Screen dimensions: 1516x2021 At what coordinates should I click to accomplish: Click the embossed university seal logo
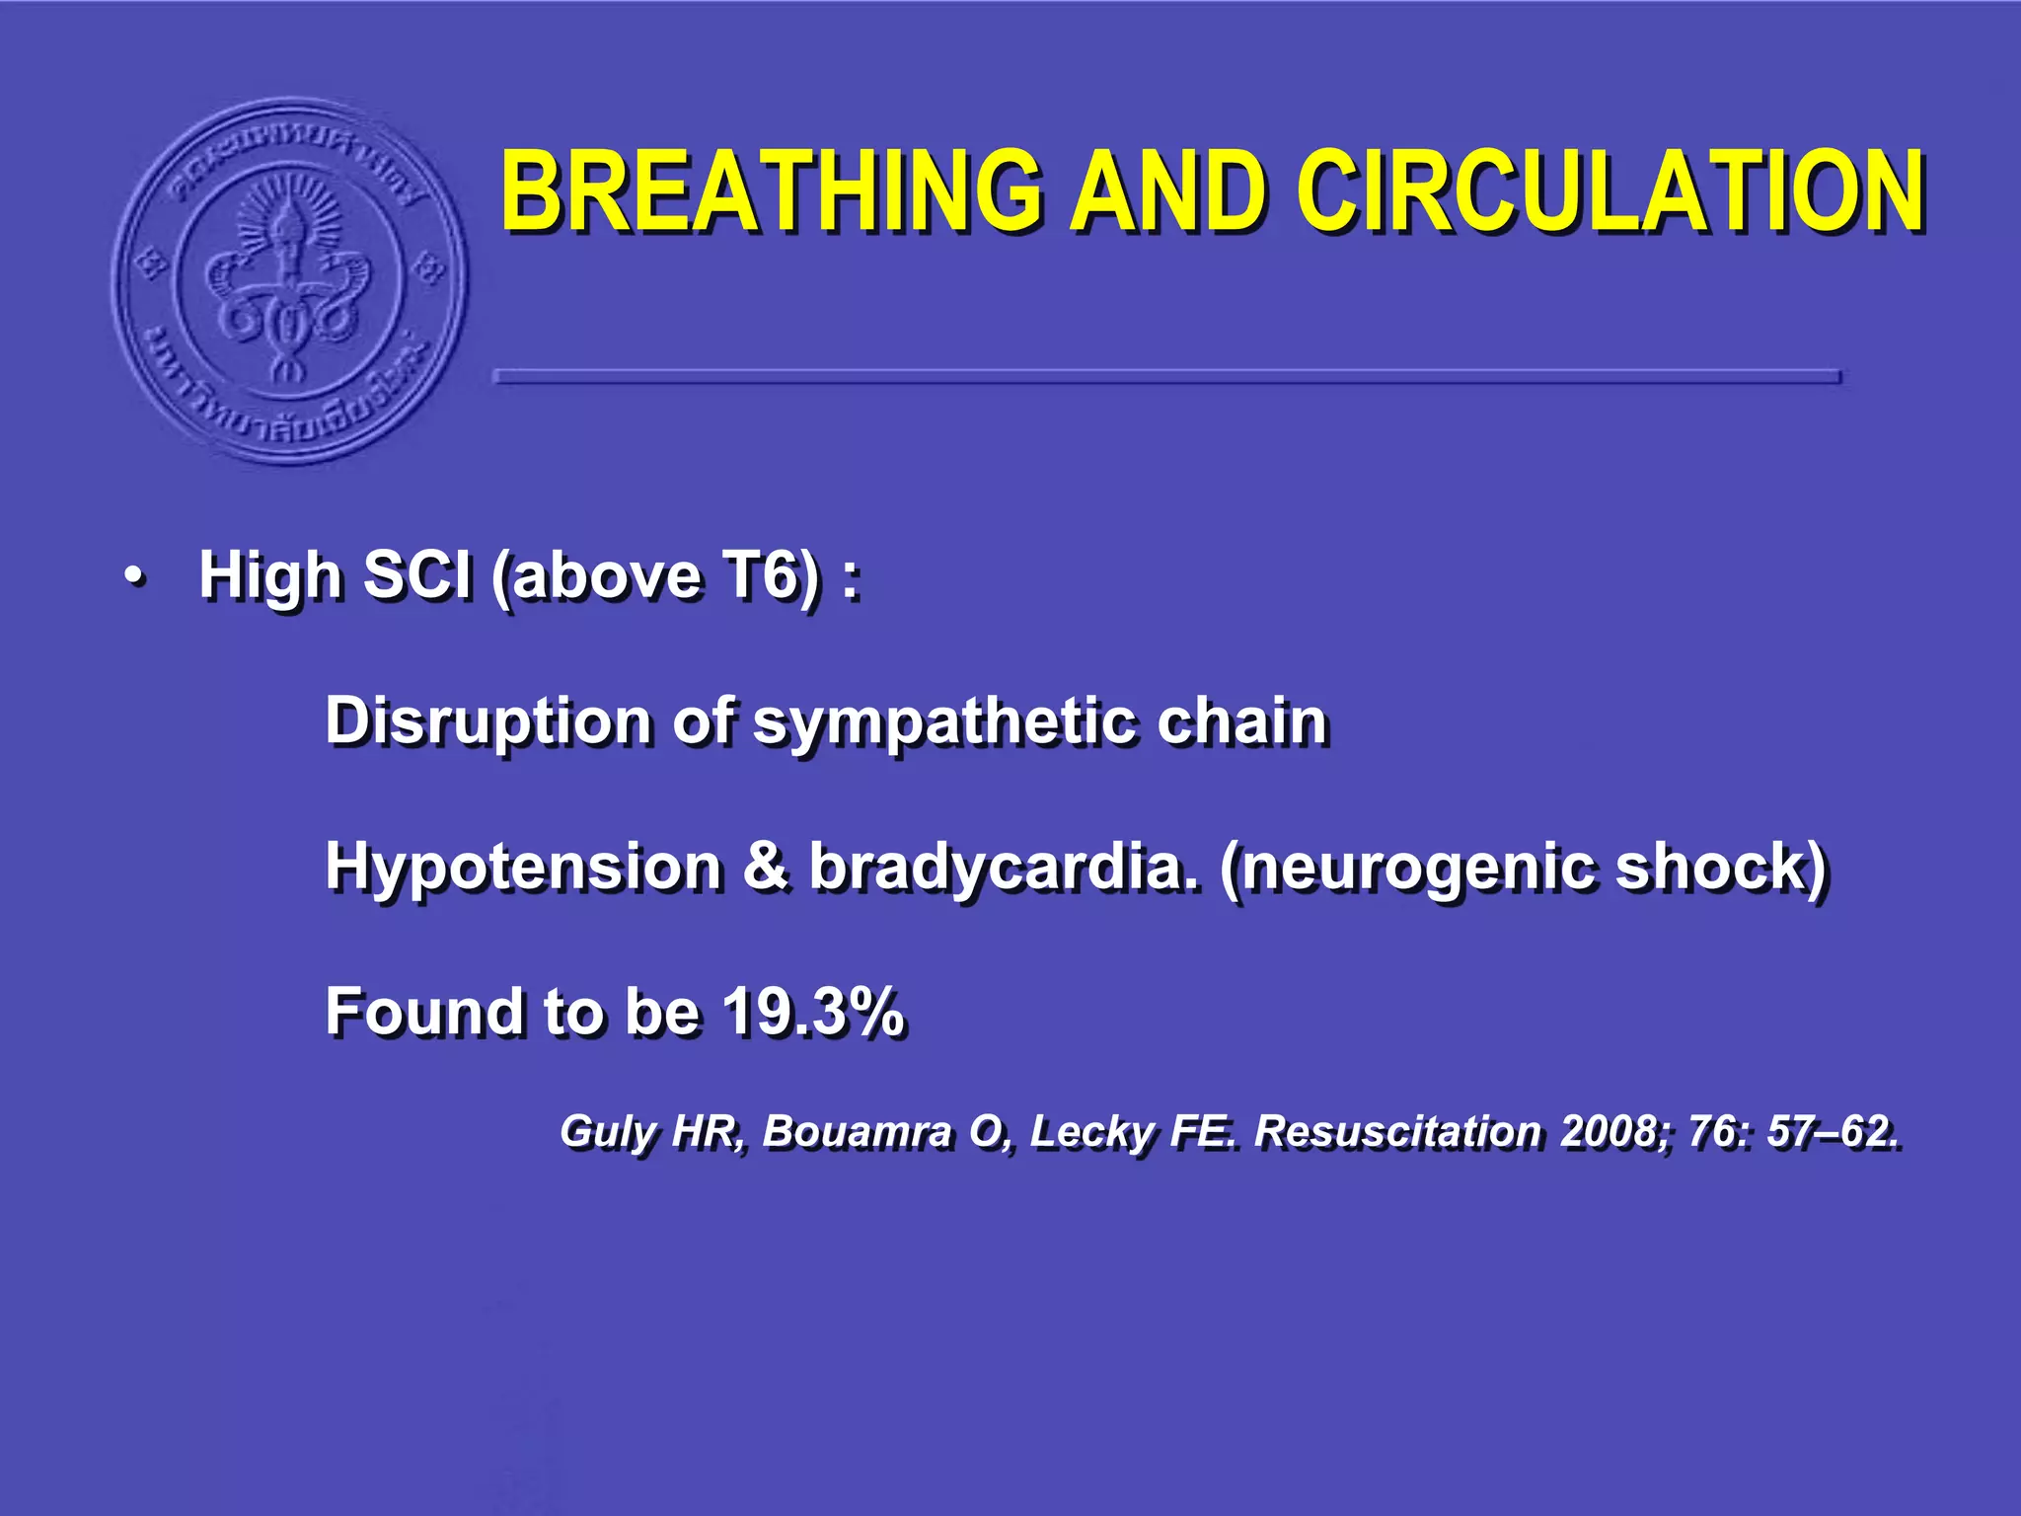[x=289, y=281]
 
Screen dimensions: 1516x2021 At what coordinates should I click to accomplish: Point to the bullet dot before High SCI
[x=135, y=576]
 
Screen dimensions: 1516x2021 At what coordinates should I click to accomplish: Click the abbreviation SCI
[x=417, y=574]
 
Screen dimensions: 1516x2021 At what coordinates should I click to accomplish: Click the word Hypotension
[x=523, y=867]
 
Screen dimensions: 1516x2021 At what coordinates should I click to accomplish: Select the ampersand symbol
[x=766, y=867]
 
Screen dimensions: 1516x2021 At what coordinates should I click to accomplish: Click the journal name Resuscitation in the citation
[x=1396, y=1131]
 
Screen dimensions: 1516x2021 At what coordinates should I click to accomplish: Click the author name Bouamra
[x=857, y=1131]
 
